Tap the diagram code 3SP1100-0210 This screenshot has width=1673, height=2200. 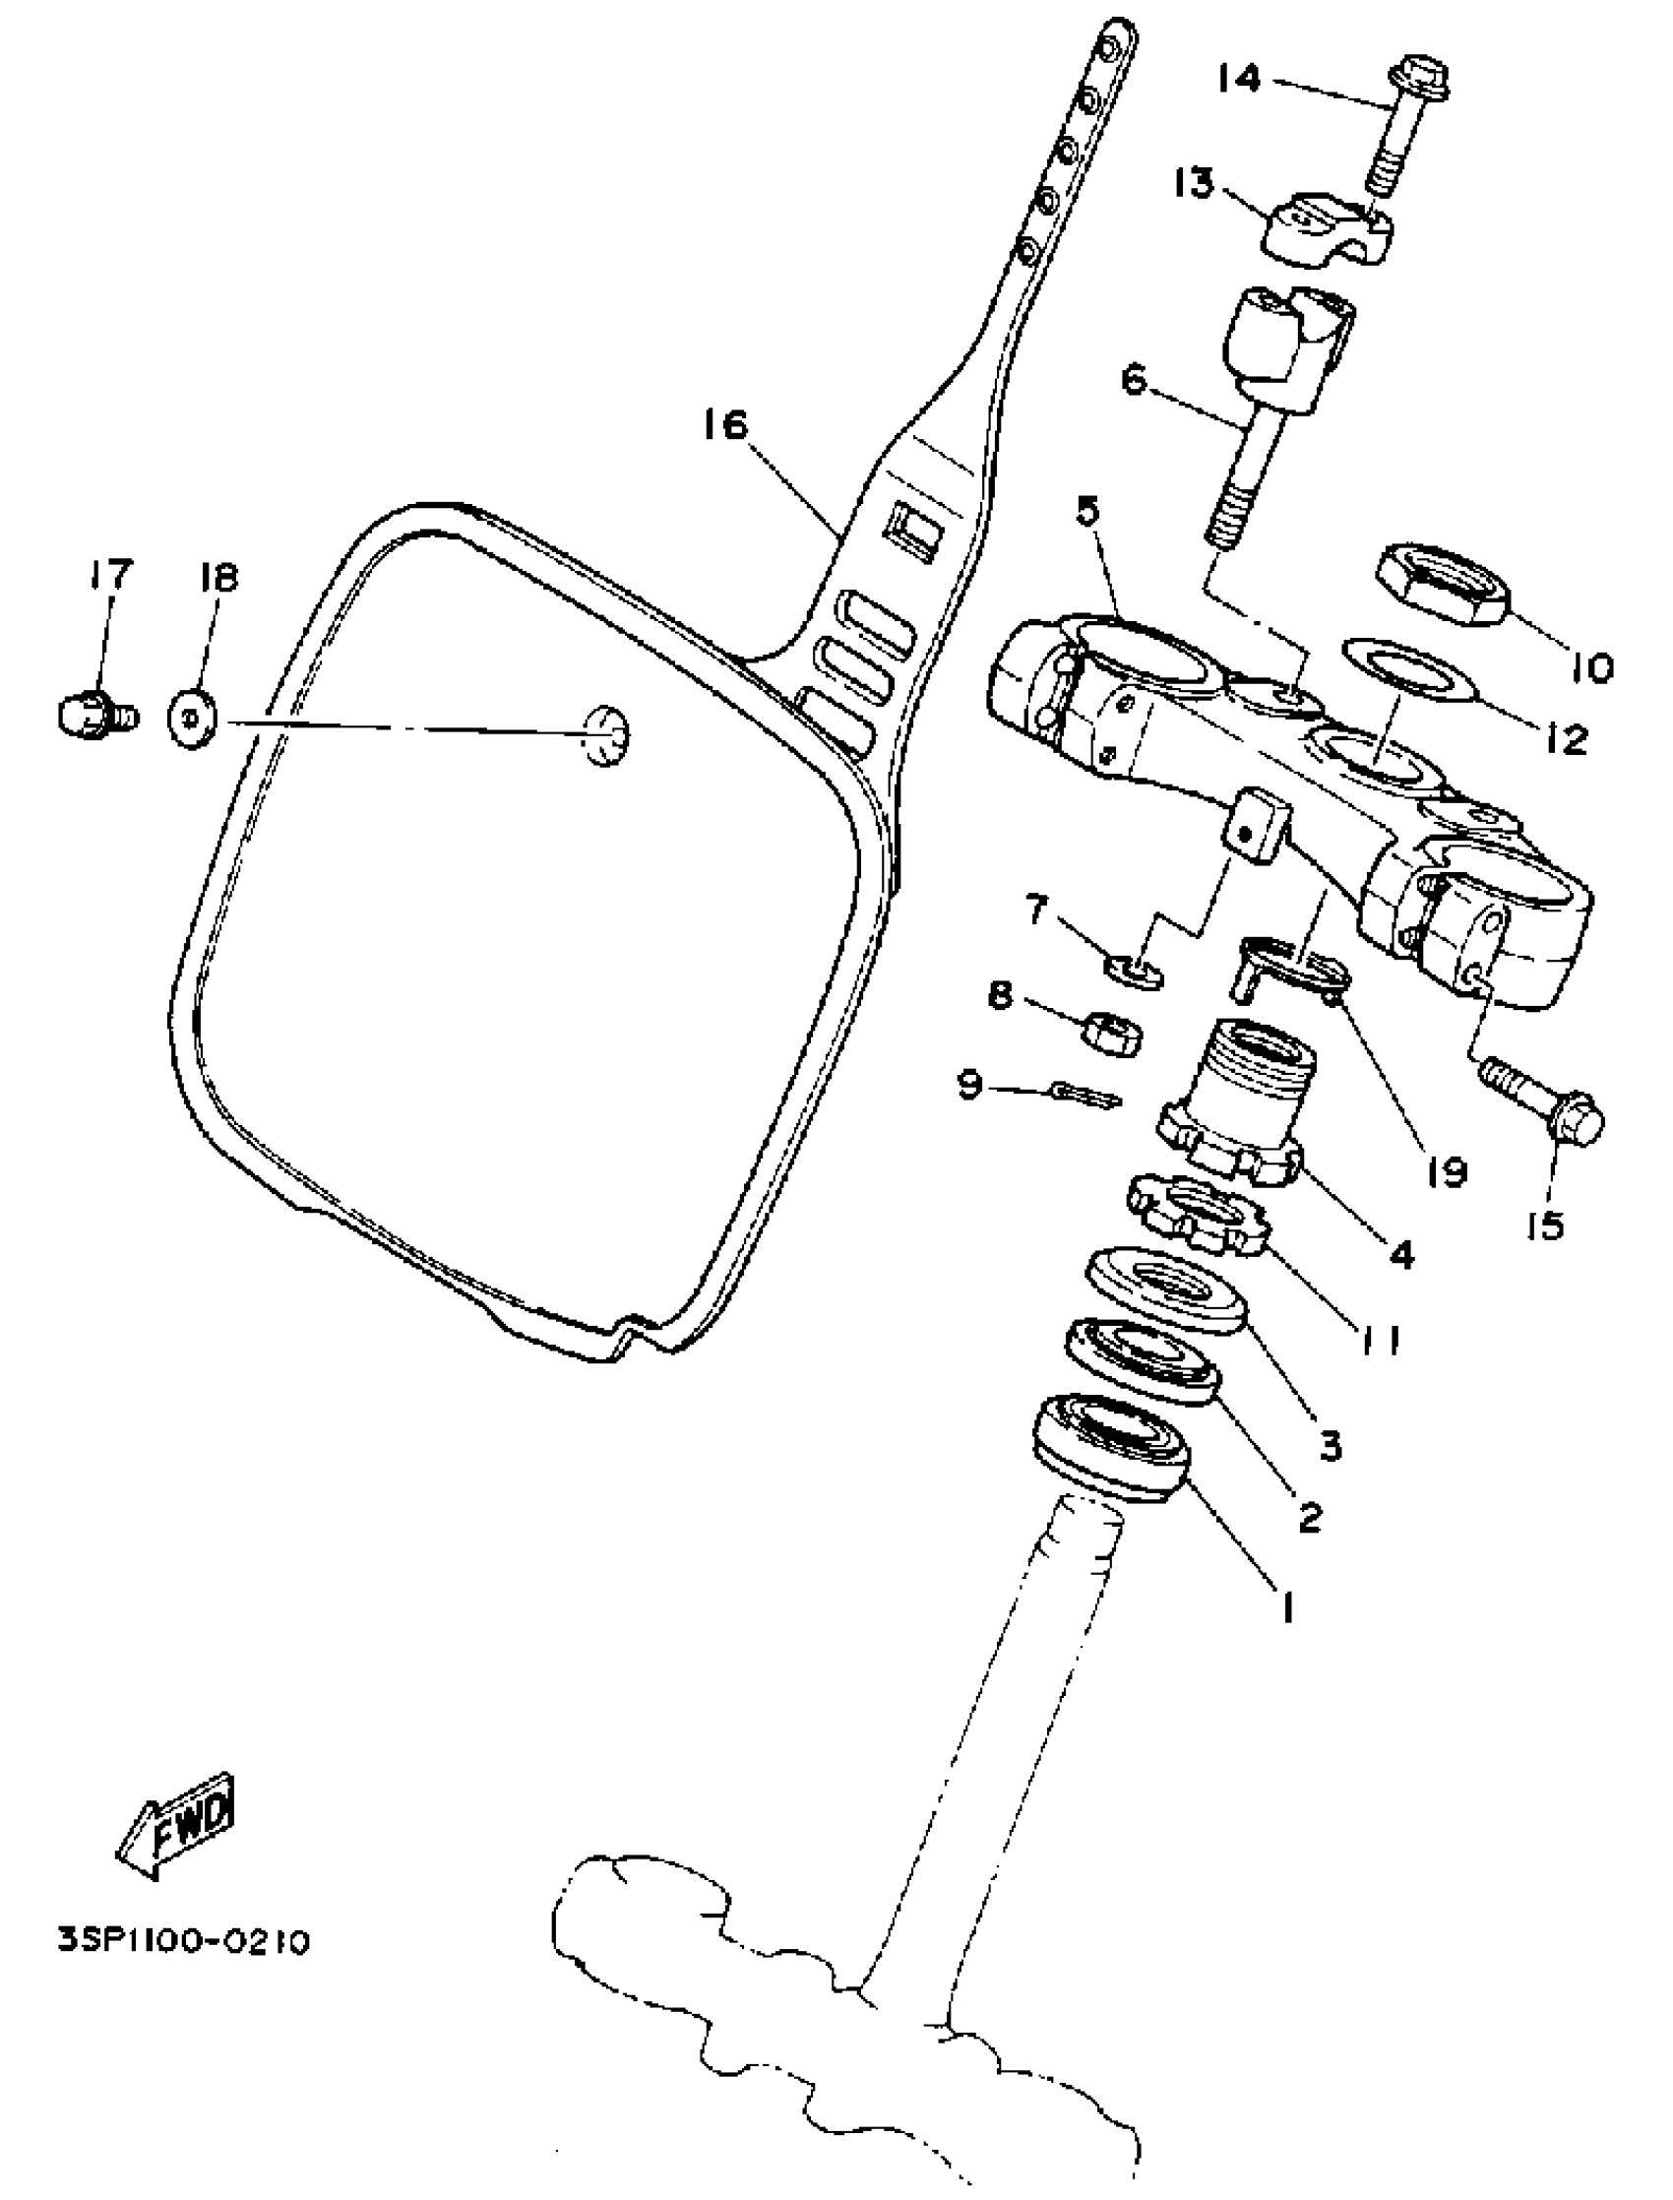[x=184, y=1943]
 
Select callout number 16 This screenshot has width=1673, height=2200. [x=724, y=426]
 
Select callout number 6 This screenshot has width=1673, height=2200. [x=1135, y=379]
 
